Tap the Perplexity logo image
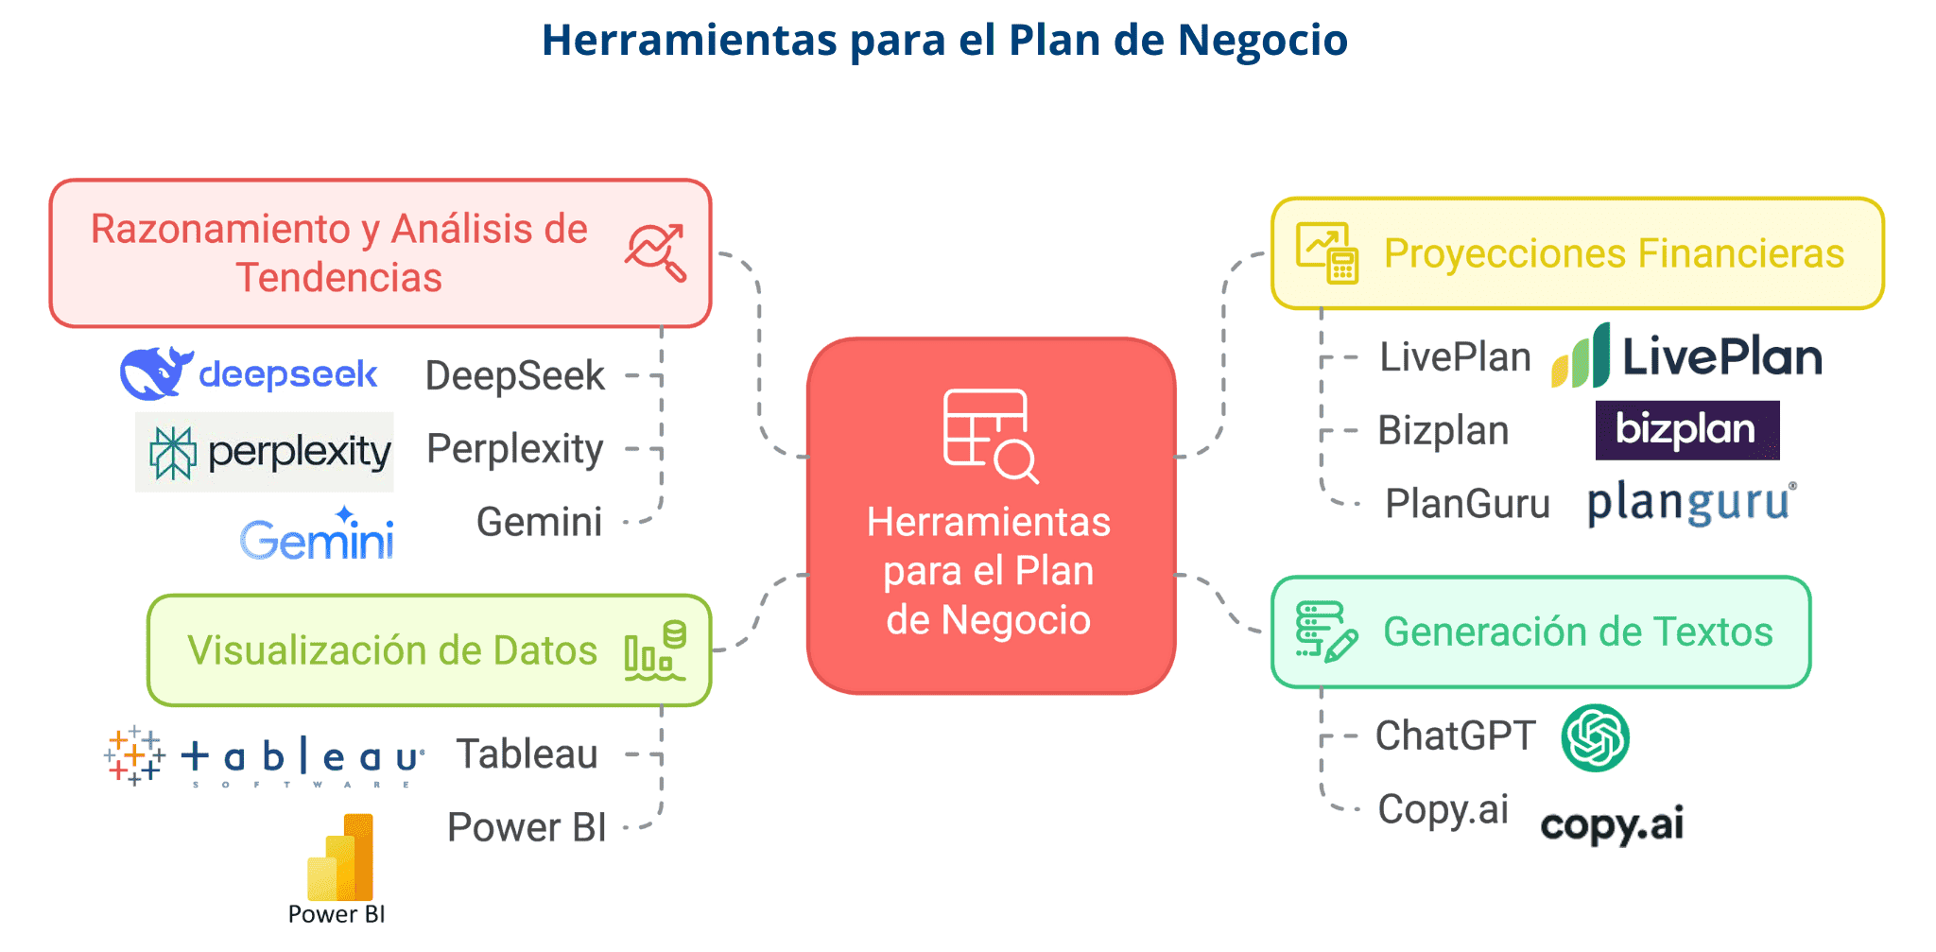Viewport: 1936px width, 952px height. (x=265, y=452)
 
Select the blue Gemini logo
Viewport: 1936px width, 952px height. (x=317, y=536)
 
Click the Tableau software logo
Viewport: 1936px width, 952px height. (x=264, y=757)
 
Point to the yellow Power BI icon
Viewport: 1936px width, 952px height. (x=340, y=858)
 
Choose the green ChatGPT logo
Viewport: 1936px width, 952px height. (x=1596, y=738)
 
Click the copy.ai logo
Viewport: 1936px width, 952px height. (x=1612, y=824)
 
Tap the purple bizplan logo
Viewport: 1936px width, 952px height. (x=1687, y=430)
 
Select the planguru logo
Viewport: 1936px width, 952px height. (x=1691, y=502)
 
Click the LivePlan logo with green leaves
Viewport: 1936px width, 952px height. (x=1686, y=356)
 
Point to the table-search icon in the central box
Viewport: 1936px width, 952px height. (x=990, y=436)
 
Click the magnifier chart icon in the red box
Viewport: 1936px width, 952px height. (x=656, y=252)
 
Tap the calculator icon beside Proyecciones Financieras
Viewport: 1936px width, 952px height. (x=1327, y=253)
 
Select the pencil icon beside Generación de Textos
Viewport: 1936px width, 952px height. (x=1326, y=632)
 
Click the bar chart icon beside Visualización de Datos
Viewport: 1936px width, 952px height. (x=654, y=651)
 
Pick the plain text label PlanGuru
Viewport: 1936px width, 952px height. (x=1467, y=504)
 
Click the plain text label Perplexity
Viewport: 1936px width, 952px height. (x=515, y=449)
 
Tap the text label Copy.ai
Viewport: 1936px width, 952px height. (x=1443, y=809)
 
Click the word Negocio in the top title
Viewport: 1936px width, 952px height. (x=1263, y=40)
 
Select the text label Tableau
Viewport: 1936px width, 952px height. (x=527, y=754)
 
